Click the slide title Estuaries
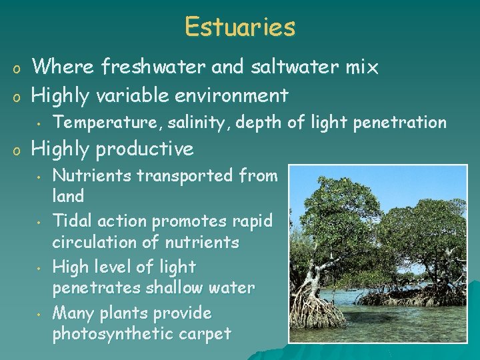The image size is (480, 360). [x=240, y=27]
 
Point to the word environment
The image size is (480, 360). [x=233, y=95]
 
